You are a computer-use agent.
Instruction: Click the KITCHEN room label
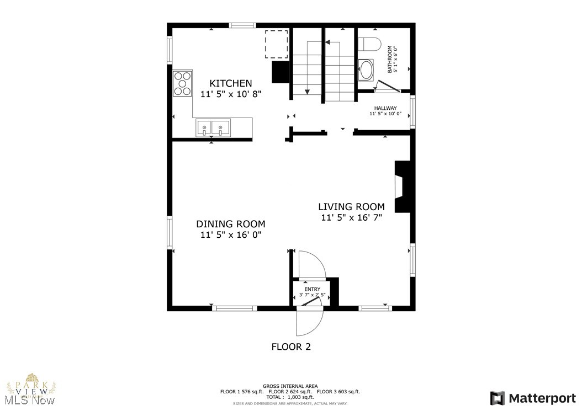coord(230,83)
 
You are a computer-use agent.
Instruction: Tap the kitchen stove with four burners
coord(182,84)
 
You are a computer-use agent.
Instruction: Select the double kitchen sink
coord(213,127)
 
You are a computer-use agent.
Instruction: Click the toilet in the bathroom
coord(368,44)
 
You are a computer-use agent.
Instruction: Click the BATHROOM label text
coord(392,60)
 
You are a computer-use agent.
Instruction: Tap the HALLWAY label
coord(385,108)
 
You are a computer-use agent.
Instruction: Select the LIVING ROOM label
coord(351,207)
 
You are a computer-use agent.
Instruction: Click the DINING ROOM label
coord(230,224)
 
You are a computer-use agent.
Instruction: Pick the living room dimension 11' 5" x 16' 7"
coord(351,218)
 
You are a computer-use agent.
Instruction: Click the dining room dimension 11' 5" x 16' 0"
coord(230,235)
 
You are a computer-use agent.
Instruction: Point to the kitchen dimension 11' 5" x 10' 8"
coord(230,94)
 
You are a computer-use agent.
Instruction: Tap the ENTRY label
coord(312,289)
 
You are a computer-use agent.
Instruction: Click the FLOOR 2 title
coord(291,347)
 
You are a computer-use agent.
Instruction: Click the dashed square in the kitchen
coord(277,44)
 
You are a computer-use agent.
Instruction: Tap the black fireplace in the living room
coord(403,186)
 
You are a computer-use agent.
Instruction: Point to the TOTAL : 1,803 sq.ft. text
coord(290,397)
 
